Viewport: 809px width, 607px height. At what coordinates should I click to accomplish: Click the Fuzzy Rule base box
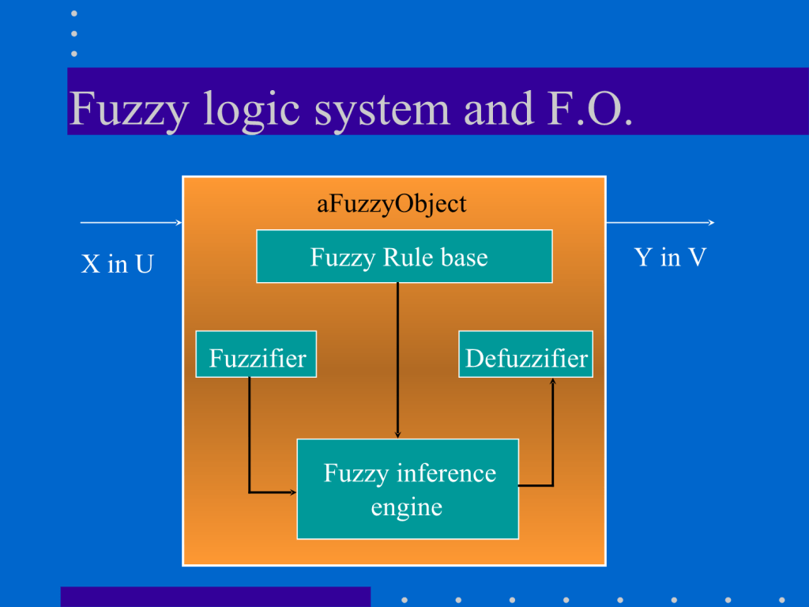(x=404, y=256)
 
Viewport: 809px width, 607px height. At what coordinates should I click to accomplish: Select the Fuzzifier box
(x=256, y=354)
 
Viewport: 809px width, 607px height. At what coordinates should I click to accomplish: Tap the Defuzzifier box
(x=525, y=354)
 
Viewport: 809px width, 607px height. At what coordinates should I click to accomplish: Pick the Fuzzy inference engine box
(x=407, y=488)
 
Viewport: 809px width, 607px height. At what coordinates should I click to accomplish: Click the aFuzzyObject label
(x=392, y=204)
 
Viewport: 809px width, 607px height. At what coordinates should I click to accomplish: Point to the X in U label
(x=117, y=264)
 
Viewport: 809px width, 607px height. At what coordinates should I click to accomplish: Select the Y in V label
(x=670, y=258)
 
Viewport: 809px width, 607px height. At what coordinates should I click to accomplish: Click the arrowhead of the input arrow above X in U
(x=179, y=223)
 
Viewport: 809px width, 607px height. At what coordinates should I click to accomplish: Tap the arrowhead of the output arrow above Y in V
(x=711, y=223)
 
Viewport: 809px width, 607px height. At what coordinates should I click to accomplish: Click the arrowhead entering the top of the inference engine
(x=397, y=434)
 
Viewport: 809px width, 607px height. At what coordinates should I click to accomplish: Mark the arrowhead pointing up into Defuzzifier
(x=552, y=383)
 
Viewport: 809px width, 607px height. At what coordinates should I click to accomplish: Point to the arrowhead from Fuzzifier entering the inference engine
(x=292, y=492)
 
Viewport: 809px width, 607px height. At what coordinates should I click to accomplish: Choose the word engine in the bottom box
(x=407, y=507)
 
